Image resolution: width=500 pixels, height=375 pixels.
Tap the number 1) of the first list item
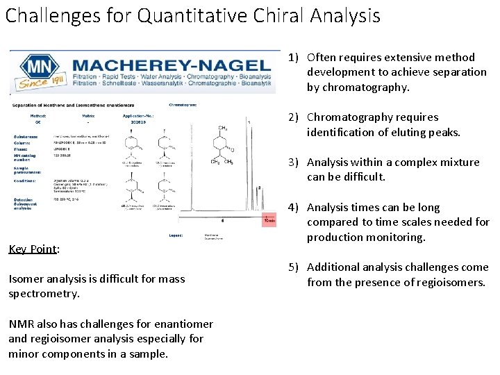(x=294, y=58)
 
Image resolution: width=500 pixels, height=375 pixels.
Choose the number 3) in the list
(x=294, y=162)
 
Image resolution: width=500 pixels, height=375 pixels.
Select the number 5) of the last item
(x=294, y=267)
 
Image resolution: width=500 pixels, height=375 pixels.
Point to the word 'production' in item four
(x=336, y=237)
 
